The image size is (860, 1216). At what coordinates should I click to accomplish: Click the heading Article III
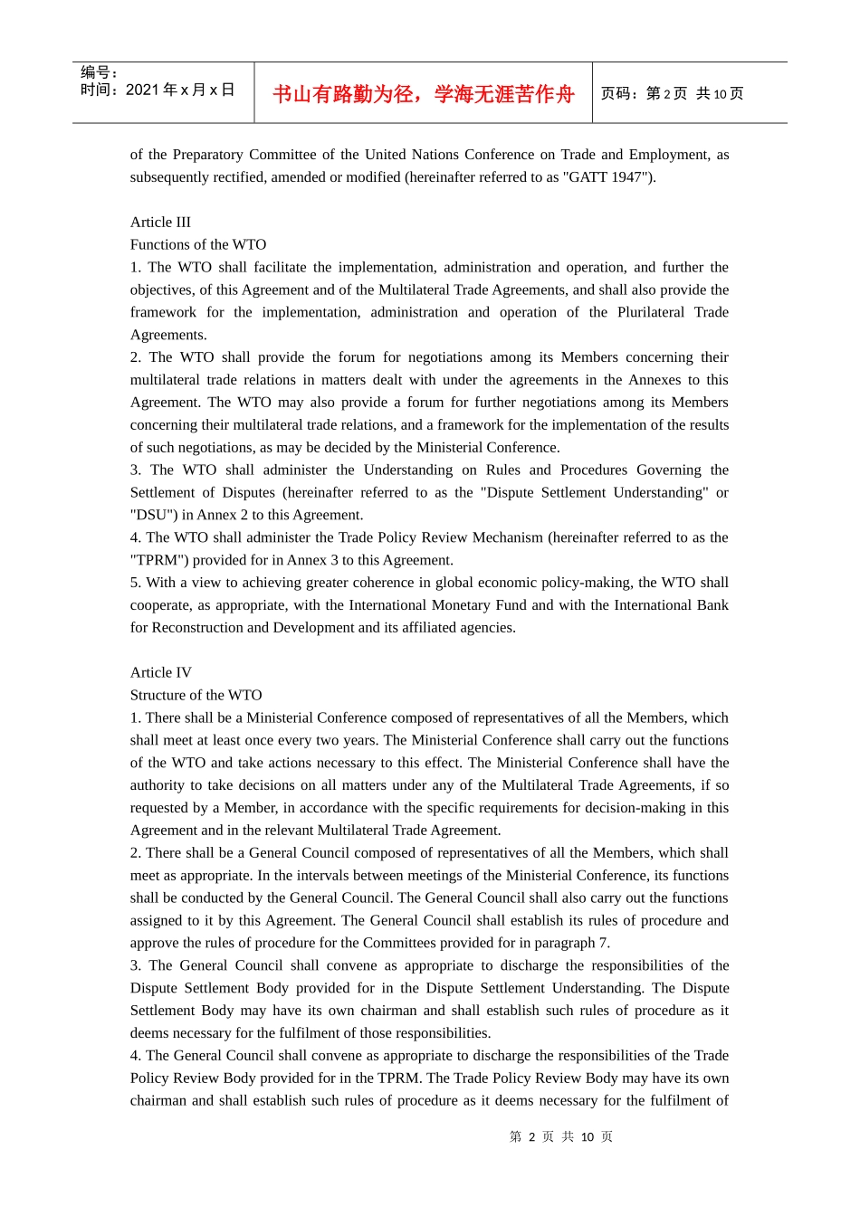160,223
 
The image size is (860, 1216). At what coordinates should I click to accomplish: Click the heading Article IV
160,673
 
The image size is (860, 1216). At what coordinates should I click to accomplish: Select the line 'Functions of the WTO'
198,245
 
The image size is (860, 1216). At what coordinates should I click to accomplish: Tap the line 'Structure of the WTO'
196,696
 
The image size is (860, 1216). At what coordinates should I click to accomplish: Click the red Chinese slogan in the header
424,94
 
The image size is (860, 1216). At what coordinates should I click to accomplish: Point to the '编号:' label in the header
99,72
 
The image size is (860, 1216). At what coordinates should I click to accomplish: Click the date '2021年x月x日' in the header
179,90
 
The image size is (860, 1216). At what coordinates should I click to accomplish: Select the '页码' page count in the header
672,94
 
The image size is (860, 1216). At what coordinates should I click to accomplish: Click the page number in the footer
560,1137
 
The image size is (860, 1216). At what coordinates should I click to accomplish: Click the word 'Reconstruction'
196,628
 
